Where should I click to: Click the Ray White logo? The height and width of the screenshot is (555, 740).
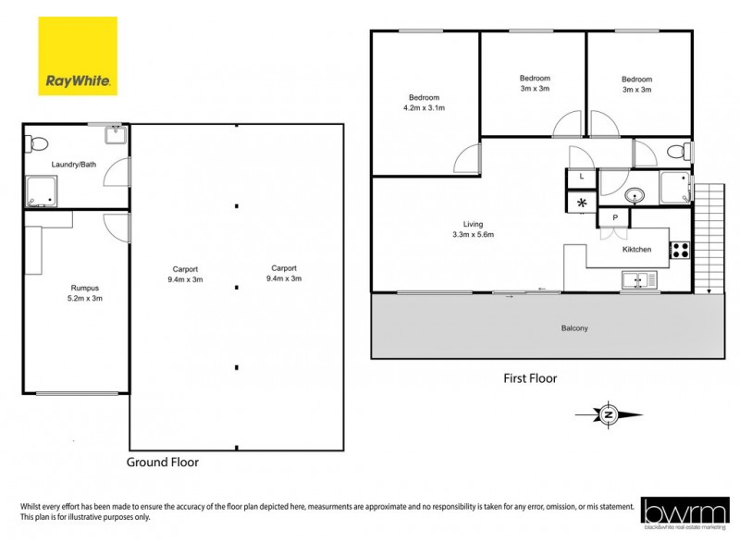pos(78,55)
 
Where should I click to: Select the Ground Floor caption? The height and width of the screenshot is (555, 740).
pos(162,461)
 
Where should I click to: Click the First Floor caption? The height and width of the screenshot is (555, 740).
pos(530,377)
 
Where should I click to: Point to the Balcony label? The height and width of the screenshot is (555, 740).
pos(574,328)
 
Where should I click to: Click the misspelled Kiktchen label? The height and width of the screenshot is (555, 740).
pos(636,250)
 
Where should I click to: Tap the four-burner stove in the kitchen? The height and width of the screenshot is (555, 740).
pos(679,250)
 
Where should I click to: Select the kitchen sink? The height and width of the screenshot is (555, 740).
pos(638,278)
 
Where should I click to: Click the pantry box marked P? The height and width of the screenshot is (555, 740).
pos(613,217)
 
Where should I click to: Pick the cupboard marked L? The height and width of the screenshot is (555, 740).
pos(581,176)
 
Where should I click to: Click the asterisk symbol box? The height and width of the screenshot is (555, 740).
pos(582,203)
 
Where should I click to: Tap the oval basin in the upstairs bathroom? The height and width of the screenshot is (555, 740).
pos(635,195)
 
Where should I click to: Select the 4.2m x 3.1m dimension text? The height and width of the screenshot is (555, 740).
pos(424,108)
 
